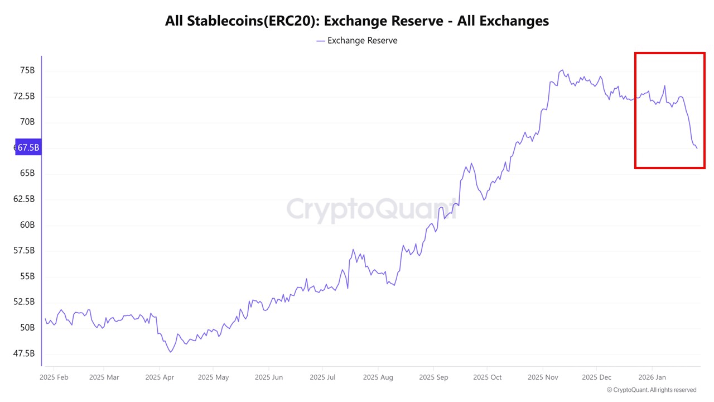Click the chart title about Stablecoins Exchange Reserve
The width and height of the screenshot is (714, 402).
pyautogui.click(x=357, y=21)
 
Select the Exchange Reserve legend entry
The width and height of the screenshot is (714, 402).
pyautogui.click(x=357, y=41)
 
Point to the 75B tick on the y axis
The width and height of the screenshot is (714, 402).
pyautogui.click(x=27, y=70)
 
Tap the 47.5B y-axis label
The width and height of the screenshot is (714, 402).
pyautogui.click(x=25, y=353)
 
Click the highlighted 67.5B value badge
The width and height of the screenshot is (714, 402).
pyautogui.click(x=27, y=148)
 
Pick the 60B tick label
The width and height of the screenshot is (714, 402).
pyautogui.click(x=27, y=225)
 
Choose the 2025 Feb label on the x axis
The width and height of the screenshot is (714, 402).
pyautogui.click(x=54, y=377)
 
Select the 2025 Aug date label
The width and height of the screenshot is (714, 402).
pyautogui.click(x=378, y=377)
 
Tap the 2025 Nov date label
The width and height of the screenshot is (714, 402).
pyautogui.click(x=543, y=377)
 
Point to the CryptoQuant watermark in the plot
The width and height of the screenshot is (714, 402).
pyautogui.click(x=371, y=209)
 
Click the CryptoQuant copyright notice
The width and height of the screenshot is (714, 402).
pyautogui.click(x=652, y=390)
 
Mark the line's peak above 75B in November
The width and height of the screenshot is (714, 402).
pyautogui.click(x=562, y=70)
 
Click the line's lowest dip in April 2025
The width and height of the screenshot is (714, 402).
pyautogui.click(x=170, y=352)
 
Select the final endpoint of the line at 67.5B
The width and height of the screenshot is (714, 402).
pyautogui.click(x=697, y=149)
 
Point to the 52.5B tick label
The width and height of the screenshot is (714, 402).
pyautogui.click(x=25, y=302)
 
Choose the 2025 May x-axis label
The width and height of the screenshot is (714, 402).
pyautogui.click(x=214, y=377)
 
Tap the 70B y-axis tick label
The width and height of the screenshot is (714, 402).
pyautogui.click(x=27, y=122)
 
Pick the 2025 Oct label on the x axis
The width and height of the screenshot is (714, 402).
pyautogui.click(x=487, y=377)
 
